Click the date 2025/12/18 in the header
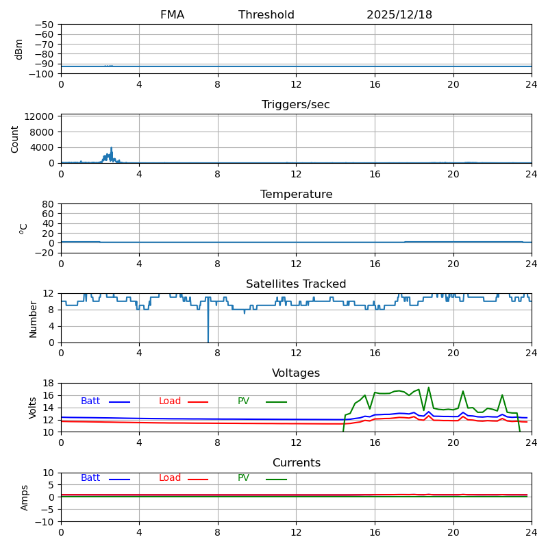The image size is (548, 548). (399, 15)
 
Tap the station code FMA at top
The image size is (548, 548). (172, 15)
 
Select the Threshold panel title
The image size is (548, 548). (266, 15)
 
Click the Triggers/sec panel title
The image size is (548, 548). (296, 105)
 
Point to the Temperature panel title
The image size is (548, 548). (296, 195)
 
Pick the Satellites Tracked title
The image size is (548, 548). (296, 284)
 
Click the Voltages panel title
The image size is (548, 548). (296, 373)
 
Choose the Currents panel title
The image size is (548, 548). (296, 463)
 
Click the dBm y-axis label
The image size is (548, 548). (19, 49)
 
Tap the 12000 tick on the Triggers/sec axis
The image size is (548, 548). (41, 116)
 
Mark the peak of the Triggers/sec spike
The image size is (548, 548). (111, 147)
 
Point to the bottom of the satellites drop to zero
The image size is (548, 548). (208, 342)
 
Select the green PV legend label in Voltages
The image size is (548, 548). (243, 401)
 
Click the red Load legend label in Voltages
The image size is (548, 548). (170, 401)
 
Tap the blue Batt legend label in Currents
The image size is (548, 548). (90, 478)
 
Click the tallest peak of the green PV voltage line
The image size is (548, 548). (429, 388)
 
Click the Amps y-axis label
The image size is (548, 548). (25, 497)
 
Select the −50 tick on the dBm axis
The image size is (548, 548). (44, 25)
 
